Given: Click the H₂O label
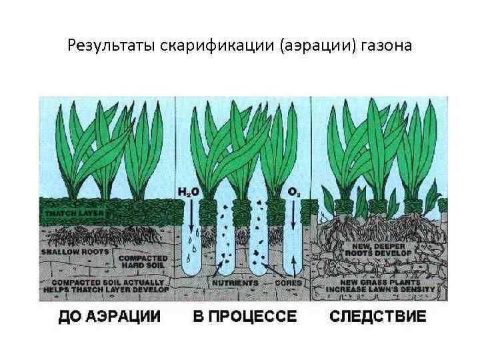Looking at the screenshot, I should (x=187, y=192).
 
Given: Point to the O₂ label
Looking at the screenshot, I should (x=292, y=192).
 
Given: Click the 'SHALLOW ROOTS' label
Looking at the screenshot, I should (x=70, y=253).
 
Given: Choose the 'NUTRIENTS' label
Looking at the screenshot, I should (x=235, y=283).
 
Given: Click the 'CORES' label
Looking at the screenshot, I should (x=289, y=283).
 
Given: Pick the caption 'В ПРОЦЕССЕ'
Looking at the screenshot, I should (x=245, y=315).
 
